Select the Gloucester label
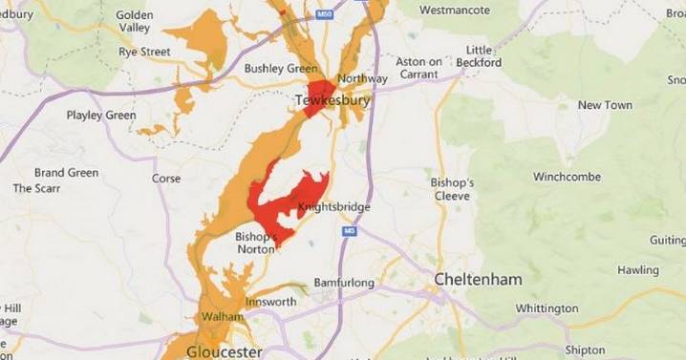(x=225, y=351)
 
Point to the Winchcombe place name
(x=567, y=178)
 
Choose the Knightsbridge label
(x=333, y=206)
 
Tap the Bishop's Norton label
(x=256, y=244)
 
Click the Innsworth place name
(x=271, y=302)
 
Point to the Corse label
(x=166, y=179)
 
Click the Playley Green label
(x=101, y=116)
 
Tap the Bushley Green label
(x=281, y=69)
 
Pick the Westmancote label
(x=455, y=11)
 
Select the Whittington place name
(x=547, y=308)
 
